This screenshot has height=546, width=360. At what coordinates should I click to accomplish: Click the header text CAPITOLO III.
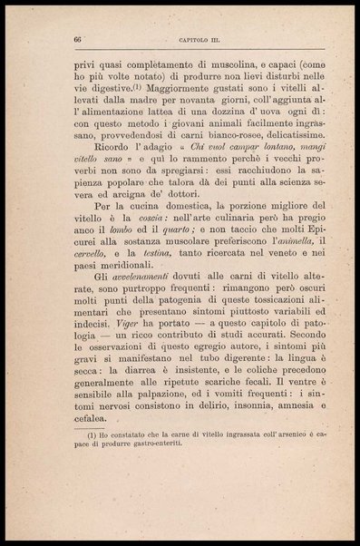pyautogui.click(x=196, y=41)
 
